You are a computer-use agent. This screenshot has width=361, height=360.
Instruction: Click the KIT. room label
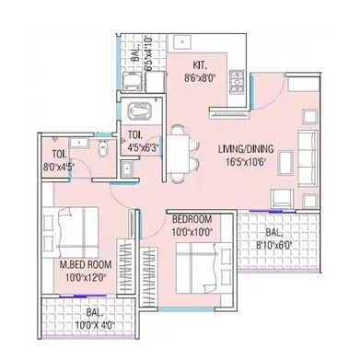[198, 64]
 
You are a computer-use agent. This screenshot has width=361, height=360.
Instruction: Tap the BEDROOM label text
[192, 219]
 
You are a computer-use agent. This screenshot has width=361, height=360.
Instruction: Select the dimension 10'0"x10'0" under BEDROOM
[192, 232]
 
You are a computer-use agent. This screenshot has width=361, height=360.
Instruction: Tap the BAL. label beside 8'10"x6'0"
[271, 234]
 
